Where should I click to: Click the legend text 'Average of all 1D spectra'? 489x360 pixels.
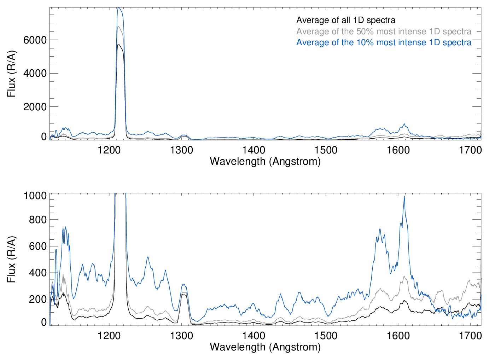coord(345,20)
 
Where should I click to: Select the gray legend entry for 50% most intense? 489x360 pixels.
coord(384,31)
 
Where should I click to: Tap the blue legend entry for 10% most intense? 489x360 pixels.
coord(384,42)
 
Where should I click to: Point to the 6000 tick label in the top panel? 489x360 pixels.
coord(35,40)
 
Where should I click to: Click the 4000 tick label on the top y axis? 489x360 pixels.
coord(35,73)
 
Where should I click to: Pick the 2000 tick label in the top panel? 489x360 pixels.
coord(35,107)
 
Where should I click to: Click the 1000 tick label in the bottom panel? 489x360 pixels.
coord(35,196)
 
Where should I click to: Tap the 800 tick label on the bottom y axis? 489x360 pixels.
coord(37,220)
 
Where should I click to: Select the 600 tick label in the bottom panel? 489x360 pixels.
coord(37,246)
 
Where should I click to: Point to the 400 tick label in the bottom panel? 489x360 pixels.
coord(37,273)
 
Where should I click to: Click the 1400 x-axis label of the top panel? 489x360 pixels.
coord(254,150)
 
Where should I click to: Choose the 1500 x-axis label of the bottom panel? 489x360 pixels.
coord(326,335)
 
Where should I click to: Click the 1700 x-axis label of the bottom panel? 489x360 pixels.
coord(470,335)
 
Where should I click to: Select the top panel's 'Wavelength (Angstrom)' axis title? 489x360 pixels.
coord(265,161)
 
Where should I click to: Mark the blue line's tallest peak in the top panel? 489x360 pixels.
coord(119,8)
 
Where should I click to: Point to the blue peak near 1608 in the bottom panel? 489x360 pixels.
coord(404,197)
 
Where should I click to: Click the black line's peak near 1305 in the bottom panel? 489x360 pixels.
coord(184,294)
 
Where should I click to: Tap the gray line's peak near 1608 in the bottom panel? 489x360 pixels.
coord(404,277)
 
